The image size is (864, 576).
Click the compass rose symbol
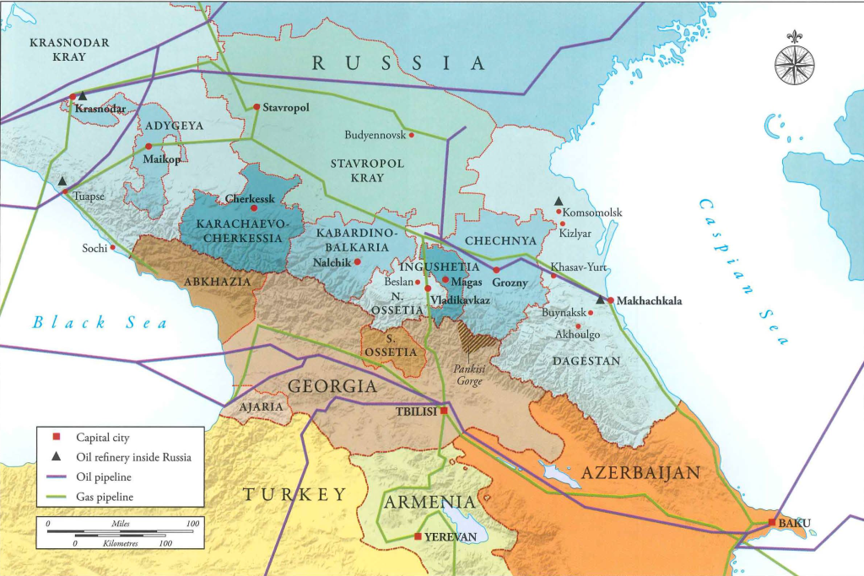click(x=794, y=63)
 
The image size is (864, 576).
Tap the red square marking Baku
click(x=771, y=523)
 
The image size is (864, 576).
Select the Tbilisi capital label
click(x=415, y=412)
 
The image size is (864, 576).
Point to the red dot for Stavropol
click(x=256, y=107)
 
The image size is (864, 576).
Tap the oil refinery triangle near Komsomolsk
click(x=558, y=201)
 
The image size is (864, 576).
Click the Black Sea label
click(x=100, y=322)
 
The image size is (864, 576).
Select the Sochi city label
click(x=94, y=249)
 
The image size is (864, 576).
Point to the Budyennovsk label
click(x=374, y=135)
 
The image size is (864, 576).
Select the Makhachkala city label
click(x=649, y=300)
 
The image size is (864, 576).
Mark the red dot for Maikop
click(x=148, y=147)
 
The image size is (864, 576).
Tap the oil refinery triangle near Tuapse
click(x=62, y=180)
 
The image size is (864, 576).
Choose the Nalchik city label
click(x=330, y=262)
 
